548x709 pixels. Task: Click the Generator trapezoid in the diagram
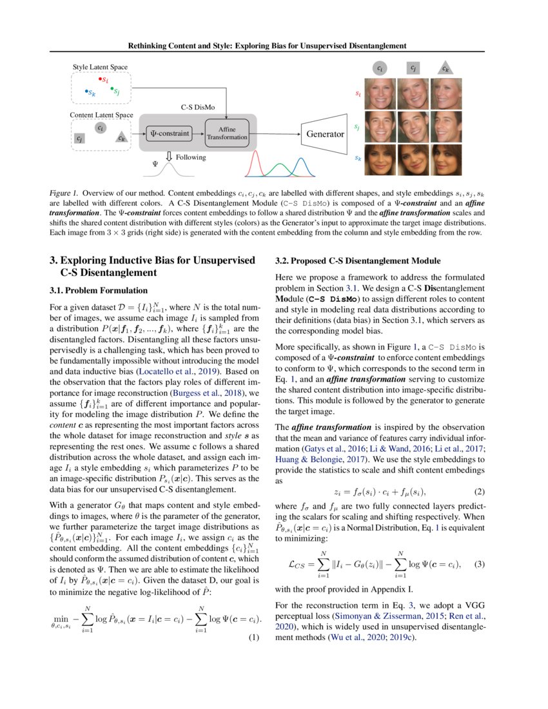[x=324, y=134]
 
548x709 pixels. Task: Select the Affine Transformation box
[x=227, y=133]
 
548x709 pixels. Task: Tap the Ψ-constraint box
[x=170, y=133]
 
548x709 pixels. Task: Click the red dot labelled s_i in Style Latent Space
[x=101, y=79]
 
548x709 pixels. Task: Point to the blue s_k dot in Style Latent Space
[x=87, y=92]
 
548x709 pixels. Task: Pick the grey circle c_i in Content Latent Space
[x=100, y=128]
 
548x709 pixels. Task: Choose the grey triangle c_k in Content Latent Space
[x=121, y=137]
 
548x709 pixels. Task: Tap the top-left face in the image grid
[x=378, y=93]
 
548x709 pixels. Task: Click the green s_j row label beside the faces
[x=358, y=127]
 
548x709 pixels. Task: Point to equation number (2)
[x=480, y=491]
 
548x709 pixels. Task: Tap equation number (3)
[x=480, y=564]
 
